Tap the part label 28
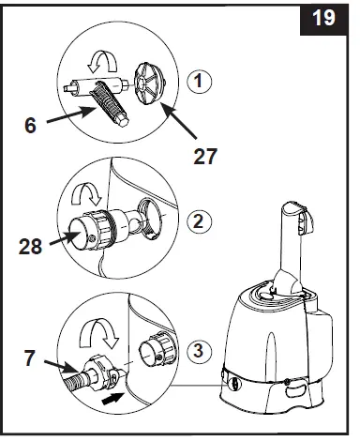[x=32, y=248]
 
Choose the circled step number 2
[x=198, y=223]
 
